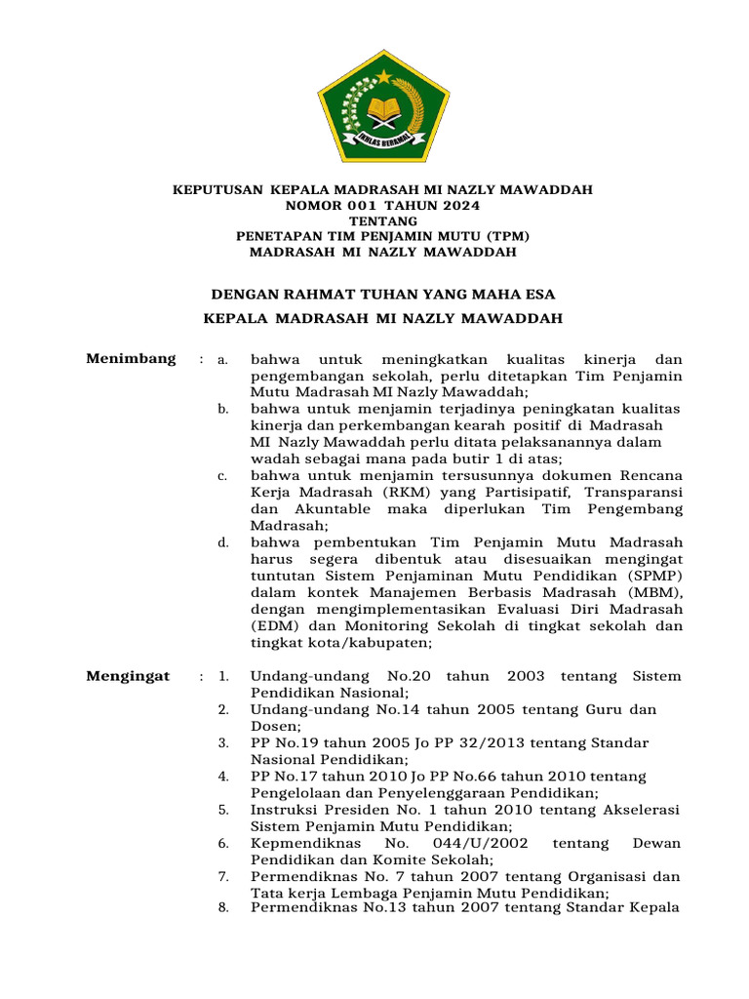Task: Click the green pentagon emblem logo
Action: [x=382, y=104]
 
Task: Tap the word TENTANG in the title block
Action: [x=382, y=221]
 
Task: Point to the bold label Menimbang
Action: [x=132, y=358]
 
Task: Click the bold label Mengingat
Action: [x=128, y=676]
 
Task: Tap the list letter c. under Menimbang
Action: [x=223, y=476]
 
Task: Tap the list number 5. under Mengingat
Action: [x=223, y=810]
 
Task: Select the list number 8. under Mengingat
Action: [x=223, y=908]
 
